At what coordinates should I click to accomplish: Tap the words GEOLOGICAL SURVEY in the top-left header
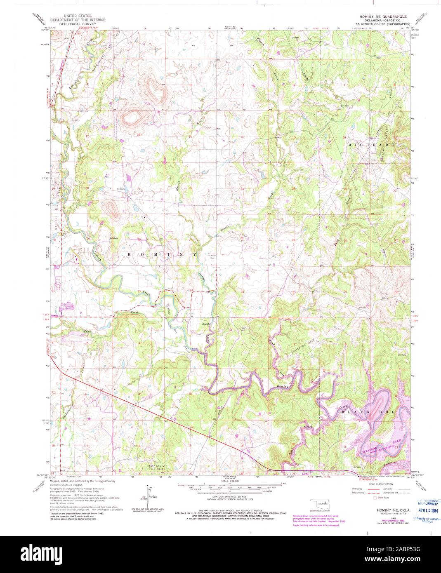pyautogui.click(x=78, y=24)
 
